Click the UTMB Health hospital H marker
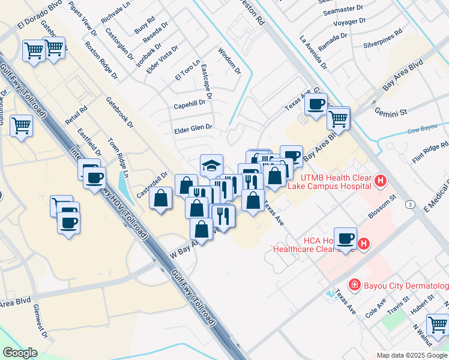click(x=379, y=181)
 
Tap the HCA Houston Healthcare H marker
click(x=363, y=244)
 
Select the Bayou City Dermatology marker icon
click(x=355, y=284)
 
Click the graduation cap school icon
click(x=211, y=164)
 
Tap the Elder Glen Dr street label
click(x=193, y=128)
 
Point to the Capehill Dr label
click(x=189, y=104)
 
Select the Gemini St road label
click(x=391, y=112)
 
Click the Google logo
click(x=20, y=353)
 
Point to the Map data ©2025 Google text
click(x=412, y=355)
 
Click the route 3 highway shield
click(x=409, y=205)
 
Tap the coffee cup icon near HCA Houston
click(x=346, y=238)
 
